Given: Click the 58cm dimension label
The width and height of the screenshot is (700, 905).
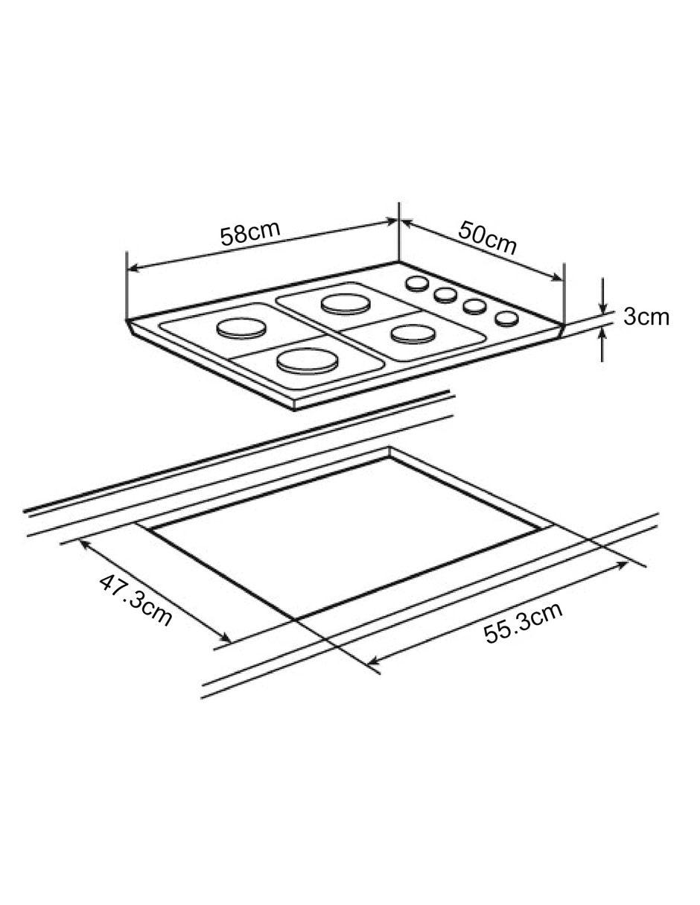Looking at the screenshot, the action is [250, 233].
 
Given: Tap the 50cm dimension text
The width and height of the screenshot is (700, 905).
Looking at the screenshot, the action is [487, 238].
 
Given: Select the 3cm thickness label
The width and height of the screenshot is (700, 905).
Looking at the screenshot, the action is [646, 317].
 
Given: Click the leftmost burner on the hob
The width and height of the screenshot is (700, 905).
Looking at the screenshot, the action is [241, 328].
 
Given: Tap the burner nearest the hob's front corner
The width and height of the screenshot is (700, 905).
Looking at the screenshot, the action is [307, 361].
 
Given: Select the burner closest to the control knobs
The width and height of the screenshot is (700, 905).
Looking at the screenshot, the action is [413, 334].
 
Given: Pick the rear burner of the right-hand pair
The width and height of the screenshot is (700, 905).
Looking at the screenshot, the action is [345, 304].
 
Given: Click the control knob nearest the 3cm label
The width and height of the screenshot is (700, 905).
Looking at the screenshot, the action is [506, 319].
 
